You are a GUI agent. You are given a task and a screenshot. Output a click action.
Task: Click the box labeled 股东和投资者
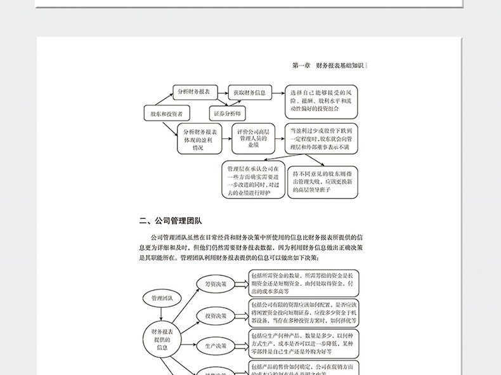167,114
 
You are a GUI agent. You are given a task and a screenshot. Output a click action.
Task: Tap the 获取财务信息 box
249,93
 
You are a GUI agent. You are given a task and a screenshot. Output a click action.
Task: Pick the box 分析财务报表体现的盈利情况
198,139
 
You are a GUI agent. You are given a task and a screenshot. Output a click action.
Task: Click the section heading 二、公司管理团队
171,221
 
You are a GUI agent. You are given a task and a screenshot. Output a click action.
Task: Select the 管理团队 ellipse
162,298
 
